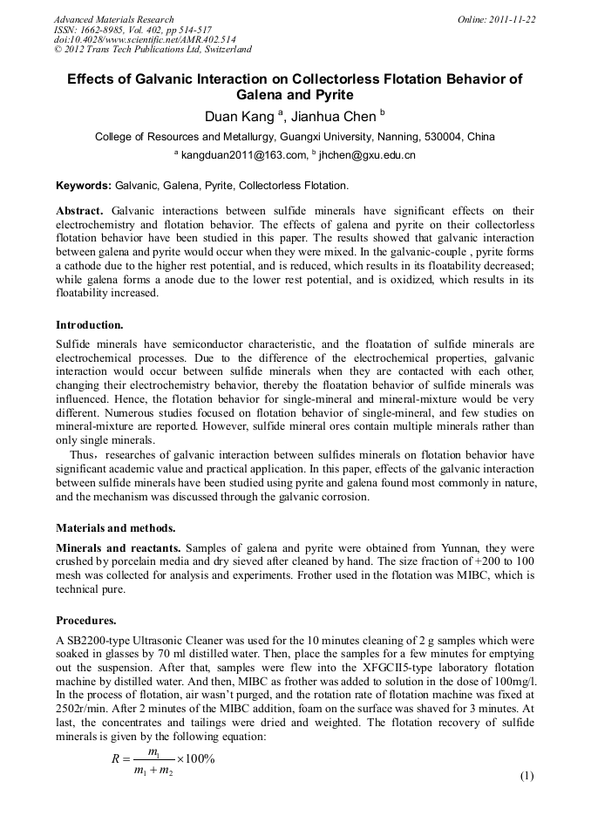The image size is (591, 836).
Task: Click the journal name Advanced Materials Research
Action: point(113,19)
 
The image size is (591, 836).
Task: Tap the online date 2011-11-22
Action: point(512,19)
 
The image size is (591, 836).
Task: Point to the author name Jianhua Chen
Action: point(329,116)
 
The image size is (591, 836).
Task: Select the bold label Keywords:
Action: point(84,186)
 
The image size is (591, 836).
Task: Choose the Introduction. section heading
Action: point(90,325)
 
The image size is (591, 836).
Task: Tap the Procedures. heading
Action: point(86,621)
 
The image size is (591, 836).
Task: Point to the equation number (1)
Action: point(526,776)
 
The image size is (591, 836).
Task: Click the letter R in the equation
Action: point(115,758)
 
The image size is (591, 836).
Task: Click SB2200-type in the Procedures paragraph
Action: point(97,641)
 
